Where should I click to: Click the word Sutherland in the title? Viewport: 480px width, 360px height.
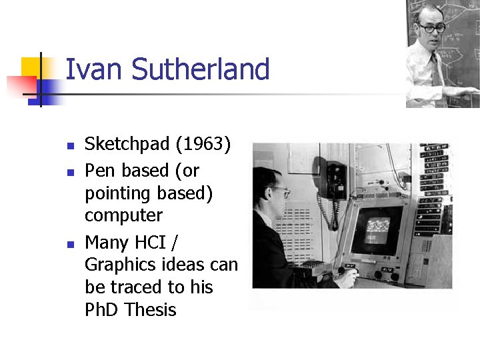click(x=200, y=70)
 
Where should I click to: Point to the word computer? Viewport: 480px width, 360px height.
click(x=123, y=215)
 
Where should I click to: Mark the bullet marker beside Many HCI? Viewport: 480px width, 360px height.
click(x=69, y=242)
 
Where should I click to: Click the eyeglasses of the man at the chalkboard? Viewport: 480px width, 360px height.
click(x=432, y=28)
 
